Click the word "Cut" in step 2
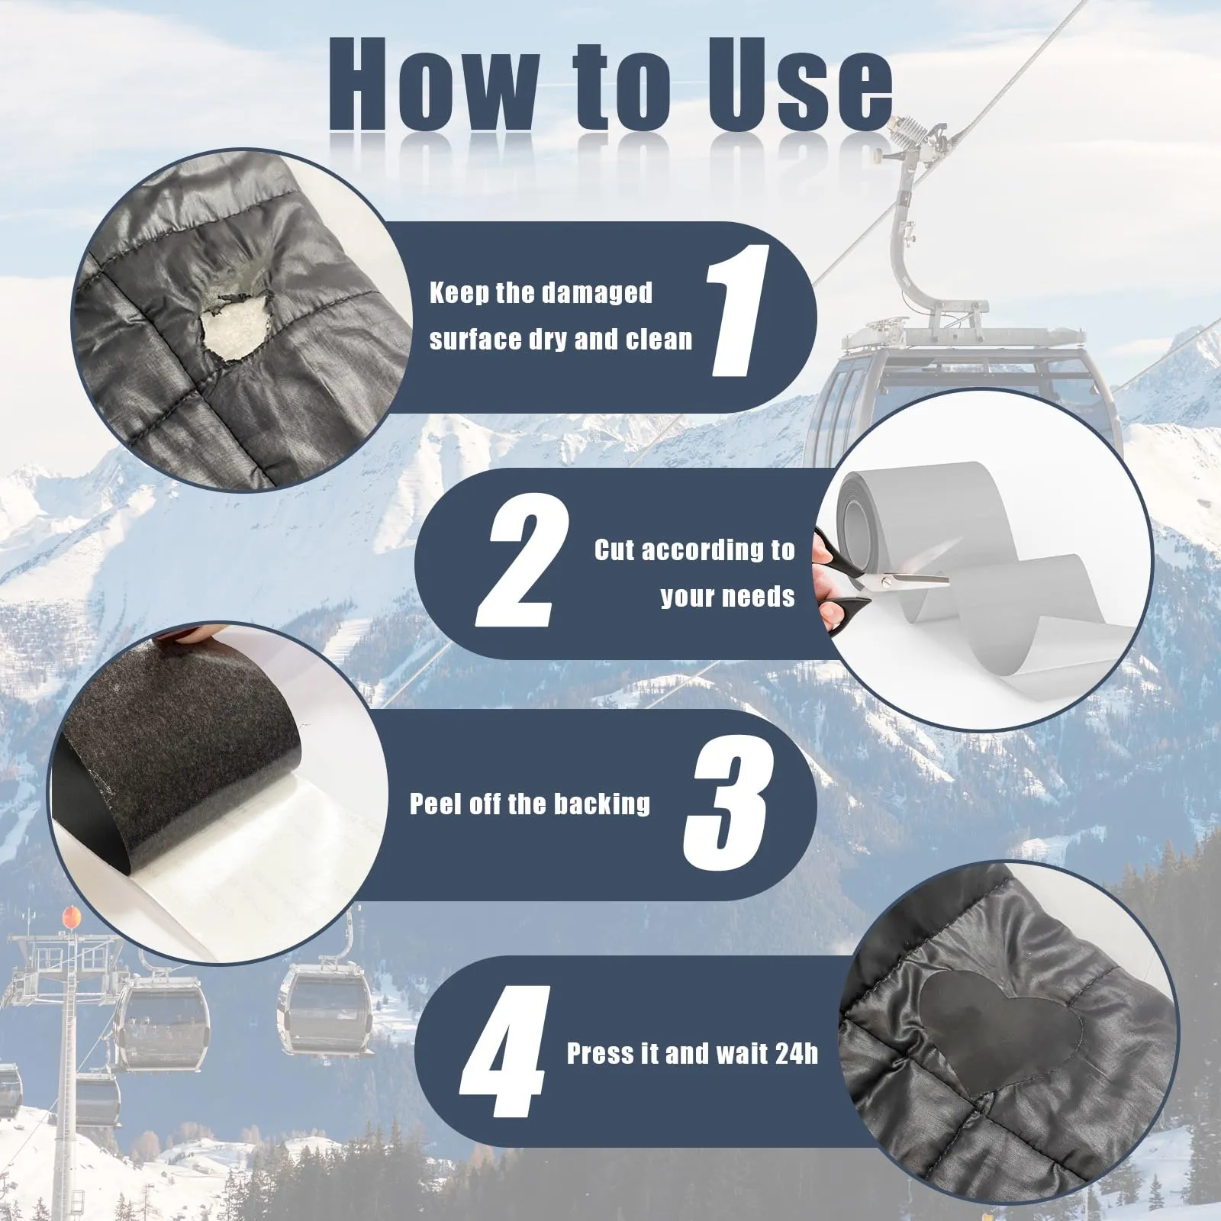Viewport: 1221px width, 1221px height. pos(614,549)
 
